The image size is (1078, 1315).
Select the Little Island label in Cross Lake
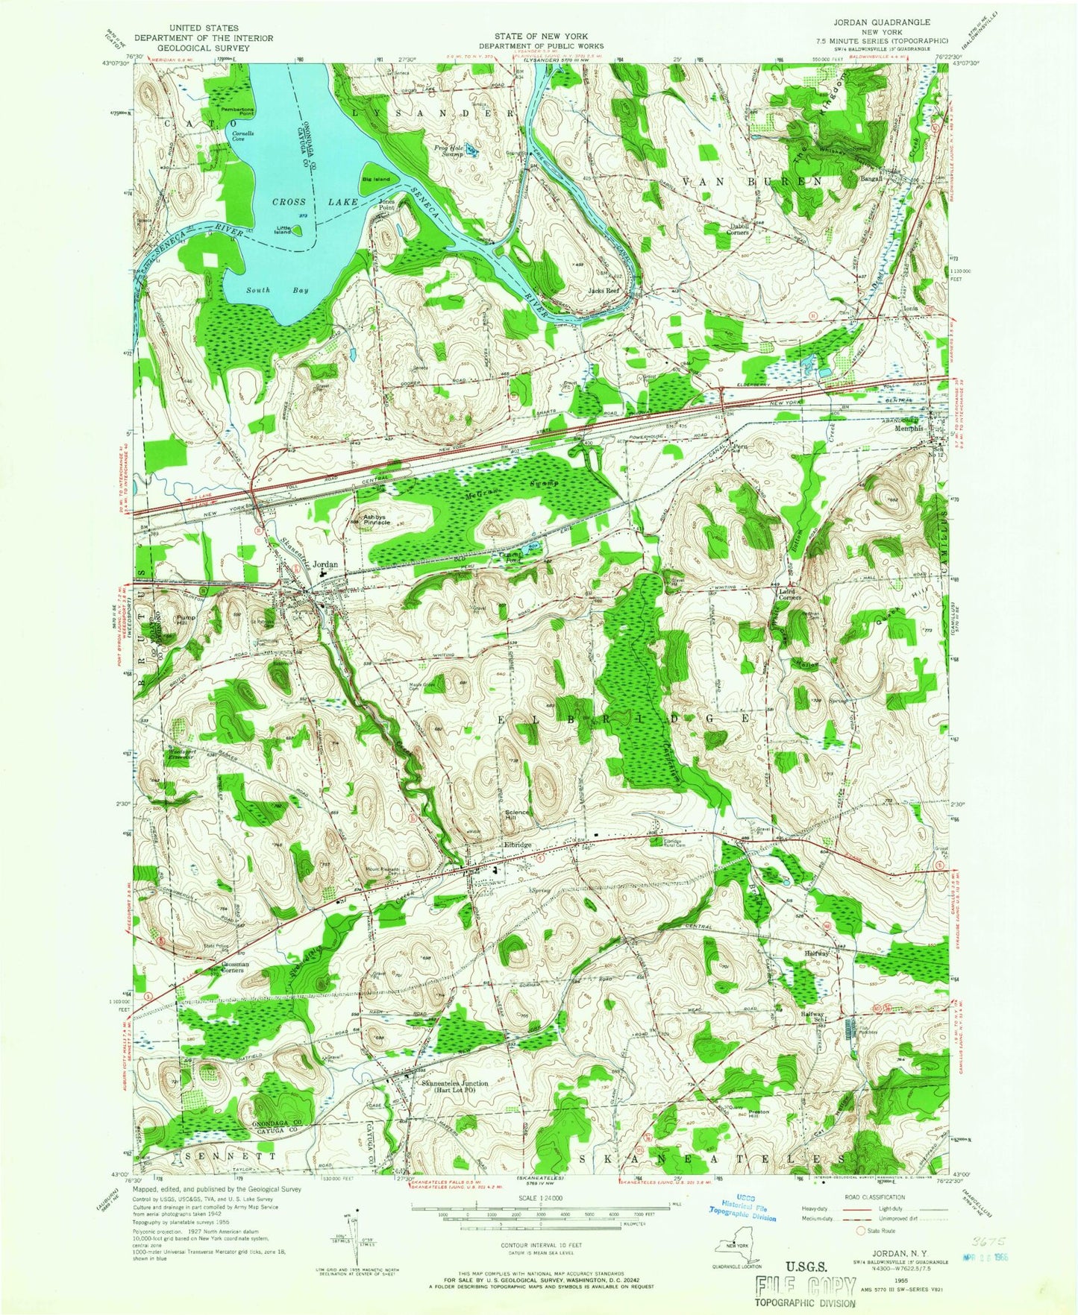click(283, 230)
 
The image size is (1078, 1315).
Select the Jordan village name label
click(325, 564)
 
